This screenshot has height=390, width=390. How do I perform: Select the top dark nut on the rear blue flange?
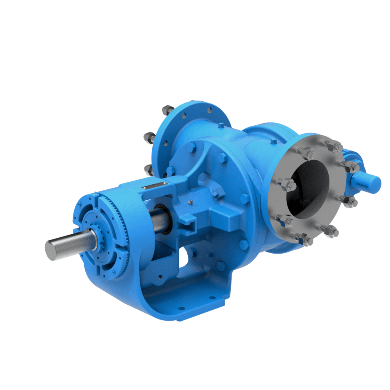(167, 110)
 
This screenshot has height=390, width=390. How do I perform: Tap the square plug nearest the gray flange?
(273, 142)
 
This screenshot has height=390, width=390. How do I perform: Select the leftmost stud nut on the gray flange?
(289, 185)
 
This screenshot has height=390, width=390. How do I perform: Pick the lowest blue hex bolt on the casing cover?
(221, 265)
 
